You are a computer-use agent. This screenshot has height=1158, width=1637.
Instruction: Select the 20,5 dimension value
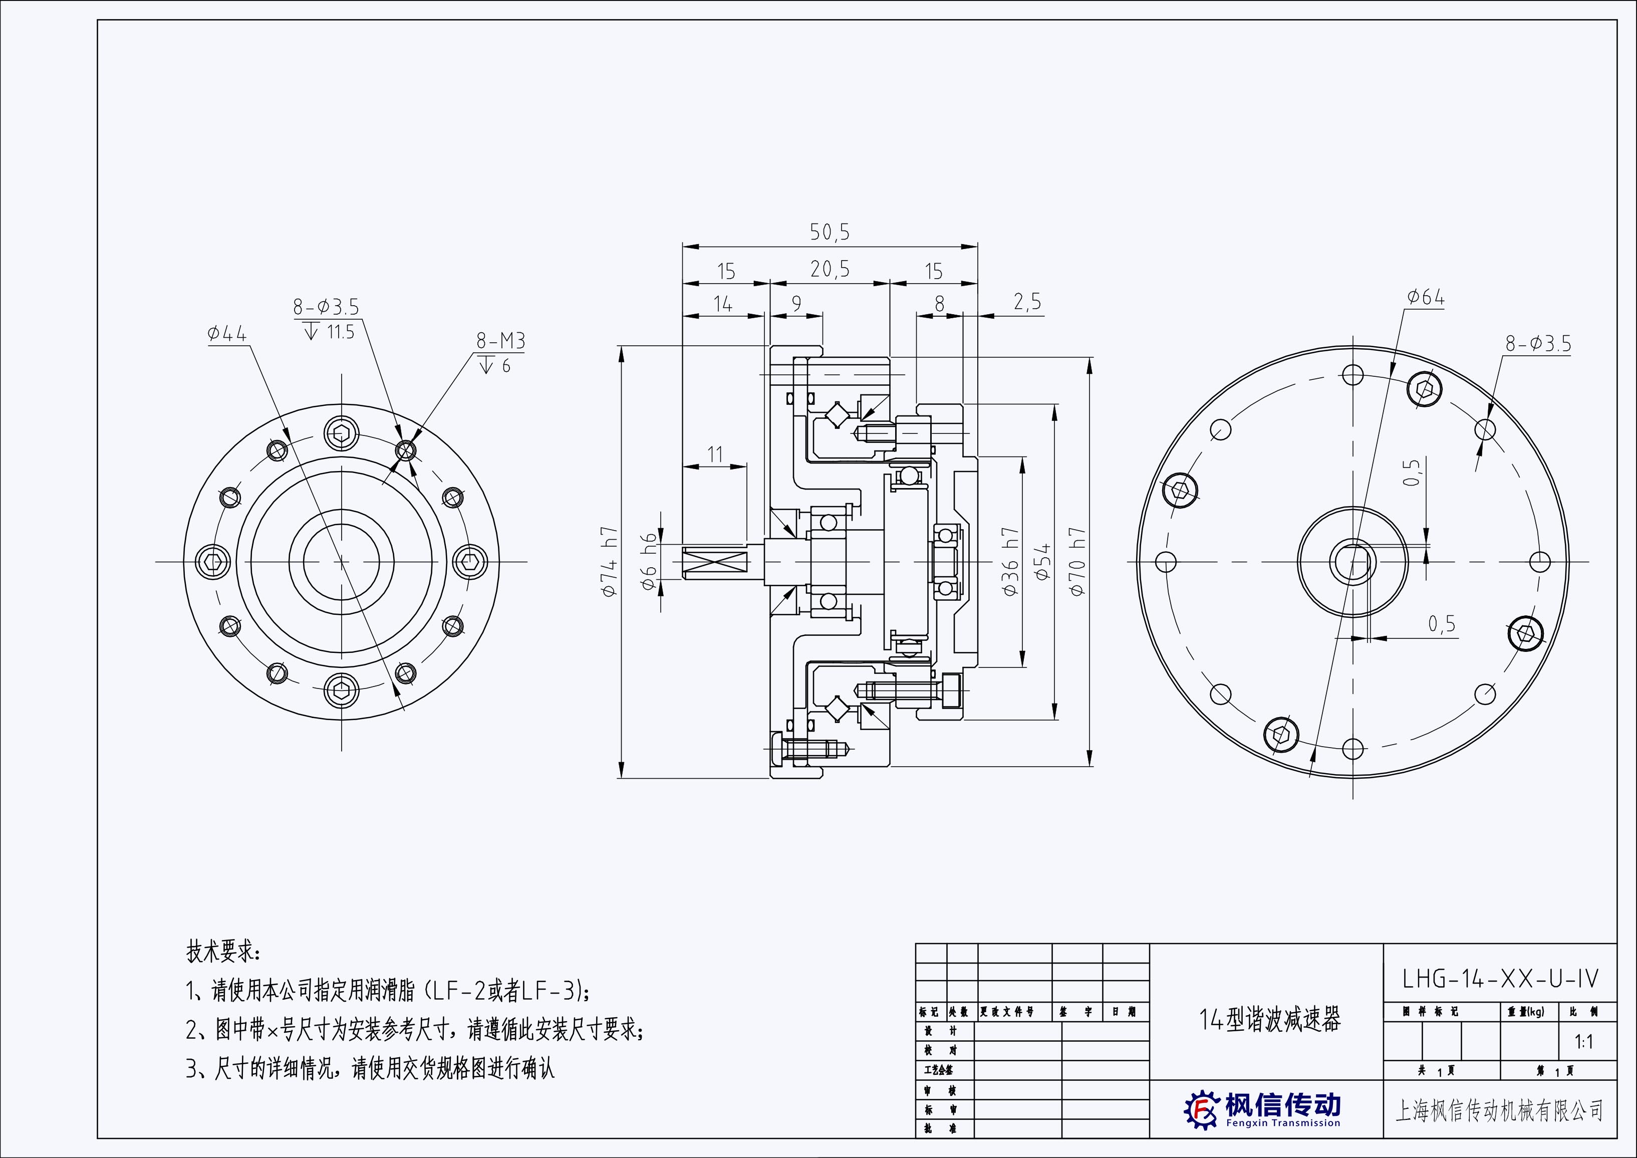(x=830, y=270)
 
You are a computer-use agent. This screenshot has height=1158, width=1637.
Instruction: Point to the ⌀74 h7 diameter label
(x=608, y=562)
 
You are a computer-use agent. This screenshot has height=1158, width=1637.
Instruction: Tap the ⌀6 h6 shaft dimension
(x=649, y=562)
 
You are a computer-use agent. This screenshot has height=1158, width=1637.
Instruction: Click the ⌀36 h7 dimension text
(x=1010, y=562)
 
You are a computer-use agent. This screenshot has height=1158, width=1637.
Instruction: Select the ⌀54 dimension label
(x=1043, y=562)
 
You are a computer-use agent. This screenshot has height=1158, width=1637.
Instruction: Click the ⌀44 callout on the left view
(x=227, y=334)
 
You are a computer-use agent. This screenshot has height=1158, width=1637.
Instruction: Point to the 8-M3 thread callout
(x=500, y=342)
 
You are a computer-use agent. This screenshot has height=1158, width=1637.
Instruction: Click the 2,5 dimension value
(x=1027, y=302)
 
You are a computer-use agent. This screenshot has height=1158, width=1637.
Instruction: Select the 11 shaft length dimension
(x=714, y=454)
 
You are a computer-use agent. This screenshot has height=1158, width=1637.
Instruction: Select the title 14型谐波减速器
(x=1270, y=1020)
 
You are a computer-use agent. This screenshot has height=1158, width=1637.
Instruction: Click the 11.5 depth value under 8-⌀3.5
(x=340, y=332)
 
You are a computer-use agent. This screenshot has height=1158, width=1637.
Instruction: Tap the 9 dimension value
(x=796, y=303)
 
